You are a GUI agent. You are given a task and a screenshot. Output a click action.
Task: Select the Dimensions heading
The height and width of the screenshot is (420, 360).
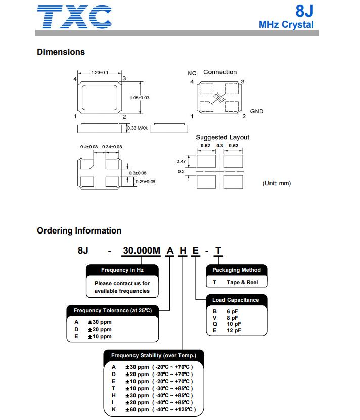tap(61, 52)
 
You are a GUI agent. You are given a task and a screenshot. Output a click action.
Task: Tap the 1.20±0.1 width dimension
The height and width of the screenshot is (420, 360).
tap(100, 73)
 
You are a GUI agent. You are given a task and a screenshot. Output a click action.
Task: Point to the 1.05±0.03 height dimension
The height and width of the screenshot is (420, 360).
tap(140, 97)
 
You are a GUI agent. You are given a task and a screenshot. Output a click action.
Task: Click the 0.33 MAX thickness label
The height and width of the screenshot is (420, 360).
tap(137, 128)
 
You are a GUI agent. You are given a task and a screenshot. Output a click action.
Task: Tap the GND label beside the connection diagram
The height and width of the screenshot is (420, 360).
tap(257, 111)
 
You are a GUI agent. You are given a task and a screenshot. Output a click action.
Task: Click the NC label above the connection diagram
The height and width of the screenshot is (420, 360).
tap(192, 73)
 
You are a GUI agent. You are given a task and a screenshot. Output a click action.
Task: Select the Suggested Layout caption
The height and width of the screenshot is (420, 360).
tap(222, 137)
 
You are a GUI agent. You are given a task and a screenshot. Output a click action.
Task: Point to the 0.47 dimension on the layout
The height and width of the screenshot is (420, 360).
tap(181, 161)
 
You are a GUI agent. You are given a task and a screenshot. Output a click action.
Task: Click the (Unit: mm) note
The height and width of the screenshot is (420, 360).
tap(277, 183)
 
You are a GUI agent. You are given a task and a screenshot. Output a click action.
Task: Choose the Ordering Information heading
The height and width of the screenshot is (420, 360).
tap(79, 230)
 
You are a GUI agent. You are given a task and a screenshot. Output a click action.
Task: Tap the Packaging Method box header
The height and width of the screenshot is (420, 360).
tap(236, 270)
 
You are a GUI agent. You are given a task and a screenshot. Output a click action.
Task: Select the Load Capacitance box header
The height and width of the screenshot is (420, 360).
tap(235, 300)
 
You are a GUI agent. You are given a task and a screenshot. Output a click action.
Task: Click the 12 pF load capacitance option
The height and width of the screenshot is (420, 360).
tap(233, 330)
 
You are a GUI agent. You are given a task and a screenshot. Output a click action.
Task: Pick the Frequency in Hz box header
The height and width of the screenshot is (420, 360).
tap(122, 270)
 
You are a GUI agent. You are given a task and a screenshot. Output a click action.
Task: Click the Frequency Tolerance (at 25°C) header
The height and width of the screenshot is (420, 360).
tap(112, 310)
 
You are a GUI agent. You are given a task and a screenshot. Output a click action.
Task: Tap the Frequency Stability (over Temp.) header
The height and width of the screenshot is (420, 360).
tap(153, 356)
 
